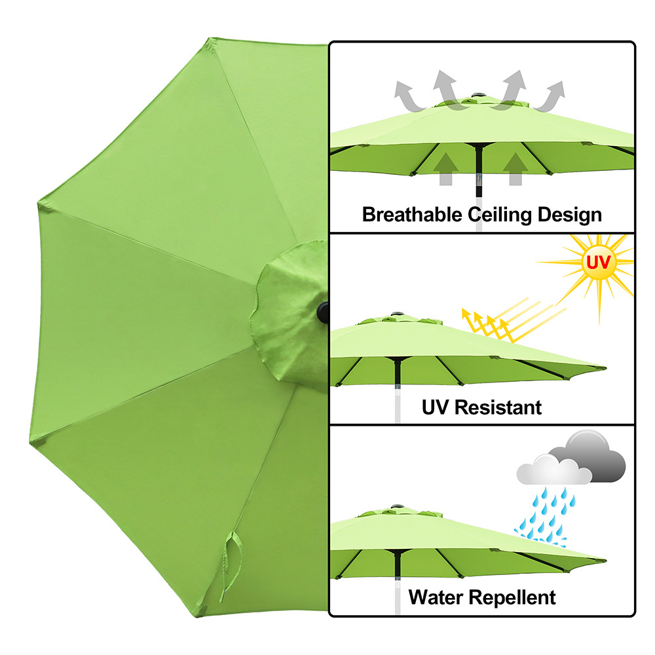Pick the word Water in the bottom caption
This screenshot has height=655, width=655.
436,597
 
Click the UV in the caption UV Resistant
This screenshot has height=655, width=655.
435,407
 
